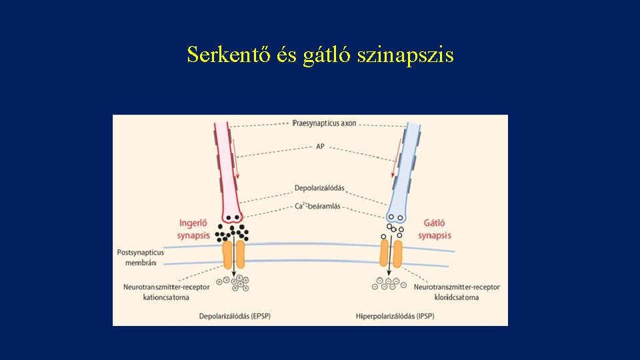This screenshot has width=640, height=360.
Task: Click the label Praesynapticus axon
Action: coord(325,124)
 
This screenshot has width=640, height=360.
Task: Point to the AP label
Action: coord(320,146)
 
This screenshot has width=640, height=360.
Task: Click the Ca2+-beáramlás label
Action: coord(317,206)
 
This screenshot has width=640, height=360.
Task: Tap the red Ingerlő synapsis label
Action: coord(193,229)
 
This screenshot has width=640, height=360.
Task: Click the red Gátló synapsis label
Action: coord(435,229)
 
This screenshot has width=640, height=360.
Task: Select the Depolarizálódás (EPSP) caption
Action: coord(235,315)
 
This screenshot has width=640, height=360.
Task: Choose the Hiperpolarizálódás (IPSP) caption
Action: coord(395,315)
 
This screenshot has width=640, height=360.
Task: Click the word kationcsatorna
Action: coord(161,297)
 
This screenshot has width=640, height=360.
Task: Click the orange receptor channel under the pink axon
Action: coord(233,255)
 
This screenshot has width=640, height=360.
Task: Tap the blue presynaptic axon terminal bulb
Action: coord(396,212)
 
